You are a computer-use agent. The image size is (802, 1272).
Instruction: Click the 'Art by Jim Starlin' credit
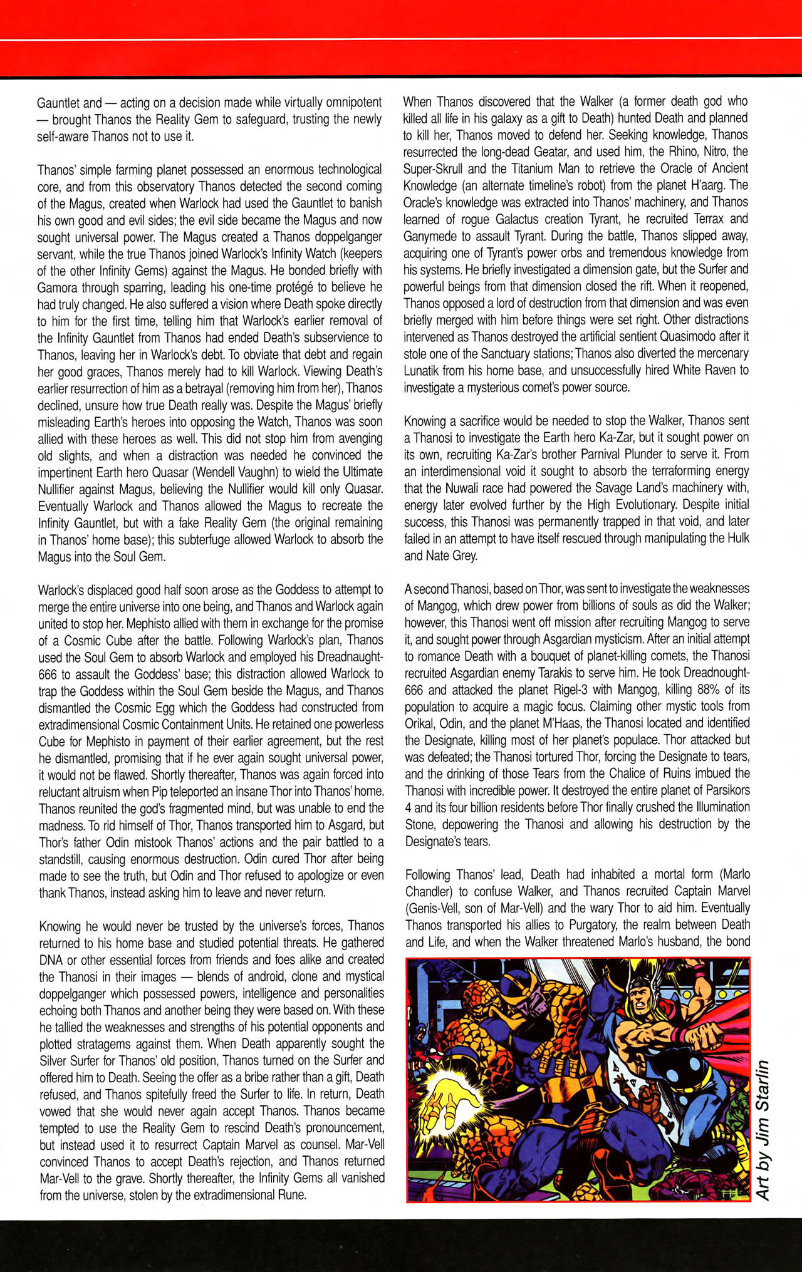pos(762,1130)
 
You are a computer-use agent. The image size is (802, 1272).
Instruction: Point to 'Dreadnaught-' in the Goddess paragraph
pos(348,657)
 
